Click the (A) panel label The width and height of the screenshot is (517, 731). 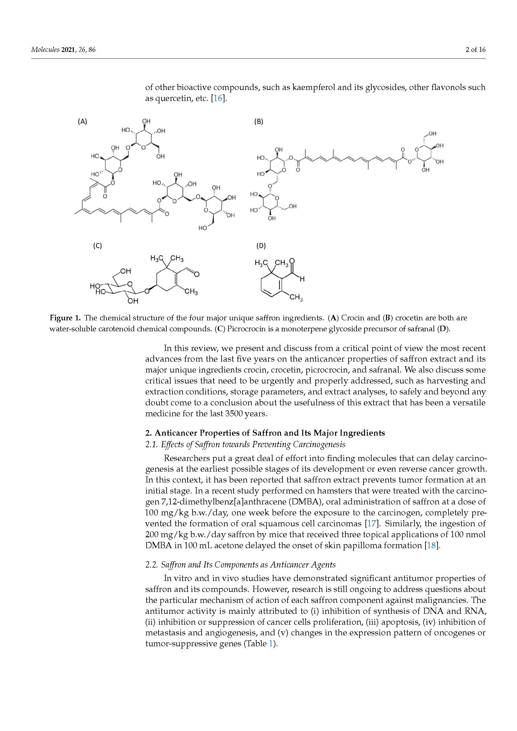[83, 121]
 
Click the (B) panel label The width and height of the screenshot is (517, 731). [258, 121]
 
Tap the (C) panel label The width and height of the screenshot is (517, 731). [97, 245]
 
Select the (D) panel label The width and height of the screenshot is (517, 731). [261, 245]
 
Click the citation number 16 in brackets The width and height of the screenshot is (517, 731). [218, 98]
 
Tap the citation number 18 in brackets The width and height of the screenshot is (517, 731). [431, 545]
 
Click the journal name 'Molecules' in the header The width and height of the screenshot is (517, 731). [45, 50]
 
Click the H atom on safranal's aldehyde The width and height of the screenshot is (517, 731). [302, 279]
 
